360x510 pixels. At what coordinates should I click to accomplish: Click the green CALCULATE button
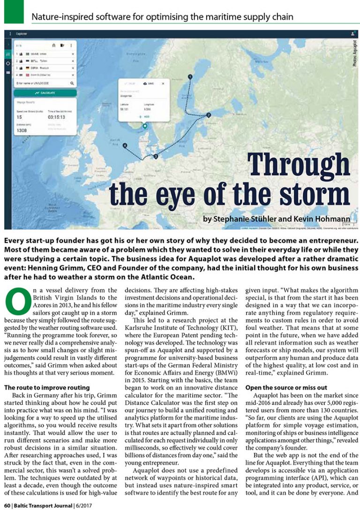tap(45, 93)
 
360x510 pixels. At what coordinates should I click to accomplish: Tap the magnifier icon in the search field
tap(72, 83)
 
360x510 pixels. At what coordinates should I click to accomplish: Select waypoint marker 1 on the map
tap(190, 76)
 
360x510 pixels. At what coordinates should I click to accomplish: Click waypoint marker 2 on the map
tap(209, 114)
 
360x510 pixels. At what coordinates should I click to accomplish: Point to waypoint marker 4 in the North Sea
tap(125, 146)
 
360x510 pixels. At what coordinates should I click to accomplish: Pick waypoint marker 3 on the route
tap(155, 156)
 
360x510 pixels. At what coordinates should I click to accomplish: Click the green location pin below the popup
tap(145, 126)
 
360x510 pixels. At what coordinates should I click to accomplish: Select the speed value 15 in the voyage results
tap(19, 117)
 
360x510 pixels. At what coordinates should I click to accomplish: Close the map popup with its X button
tap(163, 83)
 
